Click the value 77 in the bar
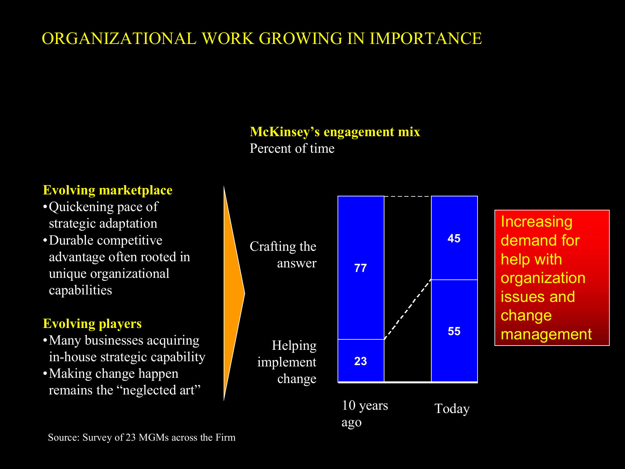tap(360, 268)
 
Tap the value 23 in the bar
tap(360, 361)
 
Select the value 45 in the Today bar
tap(454, 238)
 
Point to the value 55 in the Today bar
tap(454, 331)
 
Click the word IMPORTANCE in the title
tap(426, 38)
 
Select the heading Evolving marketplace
tap(108, 190)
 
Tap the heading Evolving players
tap(92, 324)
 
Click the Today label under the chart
tap(452, 409)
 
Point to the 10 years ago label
tap(365, 414)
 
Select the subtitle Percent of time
tap(292, 149)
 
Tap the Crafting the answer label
tap(283, 255)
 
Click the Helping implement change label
tap(287, 362)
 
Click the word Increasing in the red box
tap(536, 222)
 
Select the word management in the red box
tap(546, 334)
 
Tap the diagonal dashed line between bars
tap(408, 309)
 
